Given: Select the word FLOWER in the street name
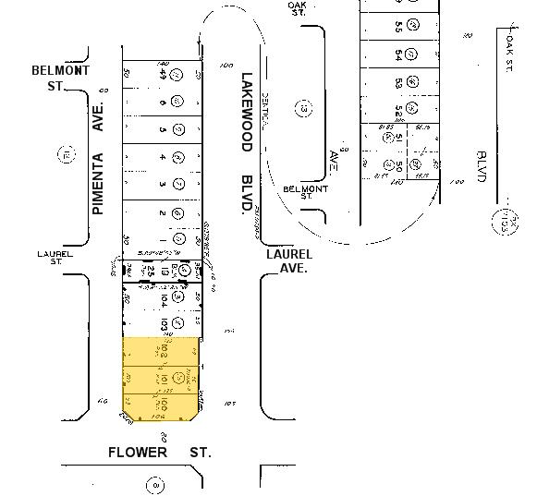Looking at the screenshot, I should click(x=138, y=453).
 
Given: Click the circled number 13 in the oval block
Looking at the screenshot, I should click(x=302, y=108).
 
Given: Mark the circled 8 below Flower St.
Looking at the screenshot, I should click(x=157, y=482).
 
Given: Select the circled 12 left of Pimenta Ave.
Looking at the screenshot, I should click(x=66, y=156).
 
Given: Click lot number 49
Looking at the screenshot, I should click(x=162, y=75).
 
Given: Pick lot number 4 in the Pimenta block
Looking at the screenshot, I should click(x=162, y=157).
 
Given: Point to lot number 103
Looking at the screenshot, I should click(x=163, y=324).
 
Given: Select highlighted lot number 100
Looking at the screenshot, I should click(x=163, y=405).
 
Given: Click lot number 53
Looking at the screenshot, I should click(x=398, y=84).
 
